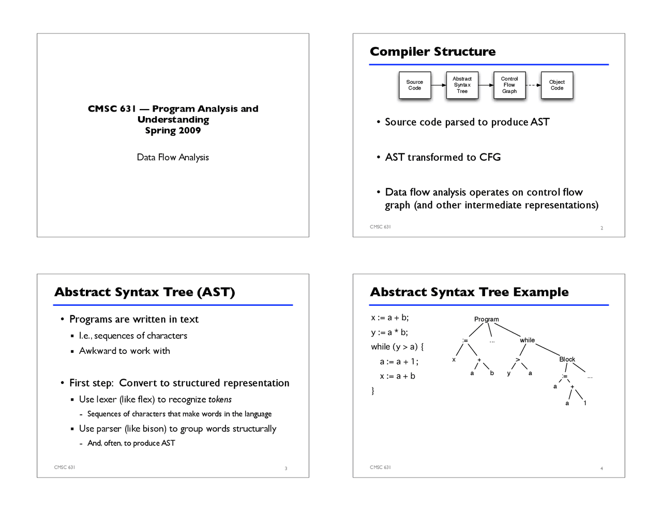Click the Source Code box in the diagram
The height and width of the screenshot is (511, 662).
point(414,85)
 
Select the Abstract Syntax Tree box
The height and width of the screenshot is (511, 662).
point(462,85)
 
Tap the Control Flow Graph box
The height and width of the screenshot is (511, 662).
point(509,85)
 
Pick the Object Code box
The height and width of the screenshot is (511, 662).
point(557,85)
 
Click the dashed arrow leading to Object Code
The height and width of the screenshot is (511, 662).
point(533,85)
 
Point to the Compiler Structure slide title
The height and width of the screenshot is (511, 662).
point(432,52)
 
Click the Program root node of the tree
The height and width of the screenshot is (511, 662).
point(486,319)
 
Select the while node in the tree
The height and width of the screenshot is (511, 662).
point(527,340)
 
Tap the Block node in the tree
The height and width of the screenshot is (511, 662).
point(567,359)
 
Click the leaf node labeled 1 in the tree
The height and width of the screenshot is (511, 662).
point(585,403)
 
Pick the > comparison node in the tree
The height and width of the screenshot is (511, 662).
point(518,360)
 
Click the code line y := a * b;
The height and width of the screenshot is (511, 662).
point(389,332)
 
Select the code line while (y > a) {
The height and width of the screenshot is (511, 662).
point(397,347)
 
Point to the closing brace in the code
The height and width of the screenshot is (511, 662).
point(373,391)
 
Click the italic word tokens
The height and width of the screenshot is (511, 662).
point(220,399)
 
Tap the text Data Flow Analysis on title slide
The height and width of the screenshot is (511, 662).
point(173,157)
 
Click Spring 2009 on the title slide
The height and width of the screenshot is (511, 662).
point(173,130)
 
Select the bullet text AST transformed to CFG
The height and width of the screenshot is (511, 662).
point(443,157)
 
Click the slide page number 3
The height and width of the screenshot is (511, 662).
point(286,469)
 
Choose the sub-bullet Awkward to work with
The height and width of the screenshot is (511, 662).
point(124,351)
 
